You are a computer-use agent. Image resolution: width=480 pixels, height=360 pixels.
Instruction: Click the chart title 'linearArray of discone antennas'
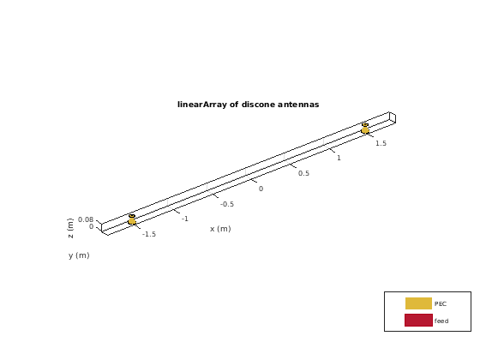tap(249, 105)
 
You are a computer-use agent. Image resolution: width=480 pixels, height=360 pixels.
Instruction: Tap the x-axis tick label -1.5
tap(149, 234)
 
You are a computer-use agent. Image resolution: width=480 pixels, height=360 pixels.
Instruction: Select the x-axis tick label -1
tap(185, 219)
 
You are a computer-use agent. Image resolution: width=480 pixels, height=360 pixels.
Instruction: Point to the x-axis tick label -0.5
tap(227, 204)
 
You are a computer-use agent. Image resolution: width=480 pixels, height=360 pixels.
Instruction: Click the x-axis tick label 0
tap(261, 189)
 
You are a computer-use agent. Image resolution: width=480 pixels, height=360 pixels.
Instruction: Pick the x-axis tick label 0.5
tap(303, 173)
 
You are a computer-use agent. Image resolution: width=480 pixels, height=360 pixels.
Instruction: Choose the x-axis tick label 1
tap(339, 158)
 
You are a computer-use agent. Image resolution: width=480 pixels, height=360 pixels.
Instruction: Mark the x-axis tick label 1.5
tap(381, 143)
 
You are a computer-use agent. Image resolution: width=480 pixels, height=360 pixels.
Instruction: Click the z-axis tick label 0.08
tap(86, 219)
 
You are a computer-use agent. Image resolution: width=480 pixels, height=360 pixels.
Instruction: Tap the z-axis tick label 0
tap(91, 226)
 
